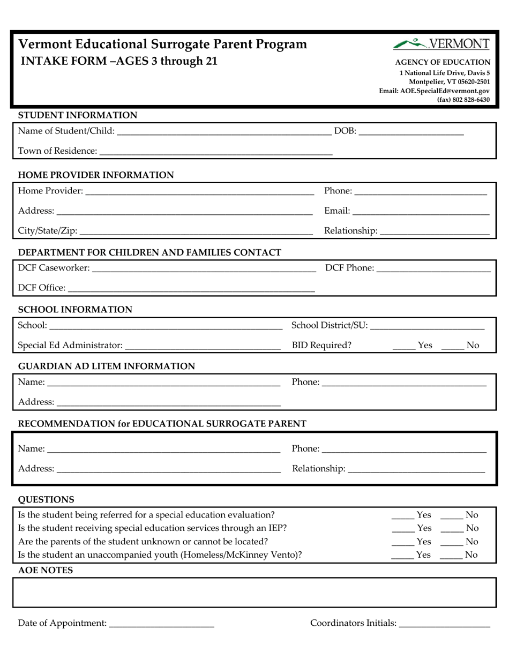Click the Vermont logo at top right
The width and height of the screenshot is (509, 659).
441,44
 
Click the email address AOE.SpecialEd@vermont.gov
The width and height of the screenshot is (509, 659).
434,91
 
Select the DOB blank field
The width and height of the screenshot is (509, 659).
411,131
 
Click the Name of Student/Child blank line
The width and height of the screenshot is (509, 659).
223,131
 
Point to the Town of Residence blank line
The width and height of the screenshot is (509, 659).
216,151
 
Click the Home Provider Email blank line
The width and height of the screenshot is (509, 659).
421,211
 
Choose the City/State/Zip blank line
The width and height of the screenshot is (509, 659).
196,231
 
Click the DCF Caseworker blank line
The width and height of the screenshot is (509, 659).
204,268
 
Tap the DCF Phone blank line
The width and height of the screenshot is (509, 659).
433,268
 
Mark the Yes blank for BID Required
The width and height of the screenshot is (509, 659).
403,346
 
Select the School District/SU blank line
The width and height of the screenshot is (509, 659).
427,325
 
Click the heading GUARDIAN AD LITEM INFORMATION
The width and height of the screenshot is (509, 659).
107,366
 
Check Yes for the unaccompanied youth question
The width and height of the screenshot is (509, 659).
402,555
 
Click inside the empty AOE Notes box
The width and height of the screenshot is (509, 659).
254,592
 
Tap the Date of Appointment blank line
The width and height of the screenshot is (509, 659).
161,623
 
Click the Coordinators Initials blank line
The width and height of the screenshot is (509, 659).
445,623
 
